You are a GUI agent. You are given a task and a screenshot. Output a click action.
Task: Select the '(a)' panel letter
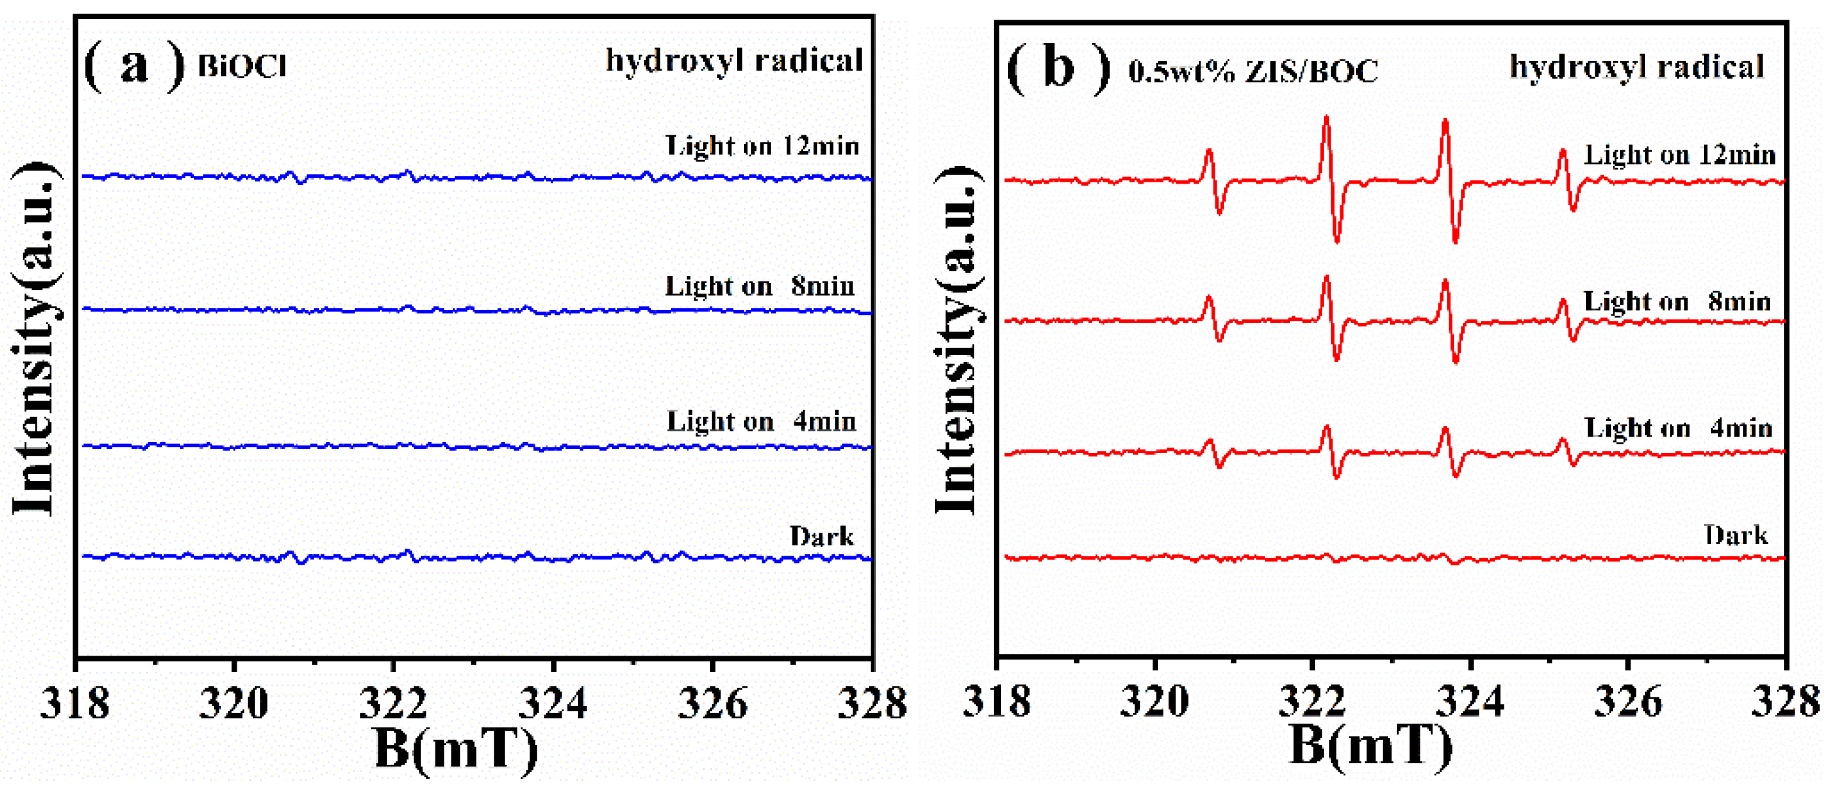point(133,65)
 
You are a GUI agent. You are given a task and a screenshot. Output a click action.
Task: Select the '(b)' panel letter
point(1059,68)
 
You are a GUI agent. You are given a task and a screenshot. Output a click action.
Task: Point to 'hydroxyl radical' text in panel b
point(1636,67)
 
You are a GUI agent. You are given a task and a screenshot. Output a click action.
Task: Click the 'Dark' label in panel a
point(821,537)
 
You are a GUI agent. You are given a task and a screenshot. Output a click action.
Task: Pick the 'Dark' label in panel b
point(1735,535)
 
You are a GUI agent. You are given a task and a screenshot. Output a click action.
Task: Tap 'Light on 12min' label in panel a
point(762,146)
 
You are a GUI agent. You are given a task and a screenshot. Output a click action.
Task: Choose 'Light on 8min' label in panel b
point(1676,302)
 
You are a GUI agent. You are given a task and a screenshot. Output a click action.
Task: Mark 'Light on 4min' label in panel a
point(761,422)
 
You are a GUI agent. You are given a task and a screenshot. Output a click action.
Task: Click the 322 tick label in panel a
point(393,703)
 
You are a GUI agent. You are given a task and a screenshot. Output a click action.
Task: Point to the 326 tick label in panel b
point(1627,702)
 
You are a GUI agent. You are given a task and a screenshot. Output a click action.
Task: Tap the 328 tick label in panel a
point(872,703)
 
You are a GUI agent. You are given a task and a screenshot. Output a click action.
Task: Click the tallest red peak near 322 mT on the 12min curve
point(1326,121)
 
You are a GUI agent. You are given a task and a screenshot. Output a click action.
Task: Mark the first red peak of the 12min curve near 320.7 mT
point(1208,153)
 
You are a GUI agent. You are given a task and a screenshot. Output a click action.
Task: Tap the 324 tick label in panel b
point(1470,702)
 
